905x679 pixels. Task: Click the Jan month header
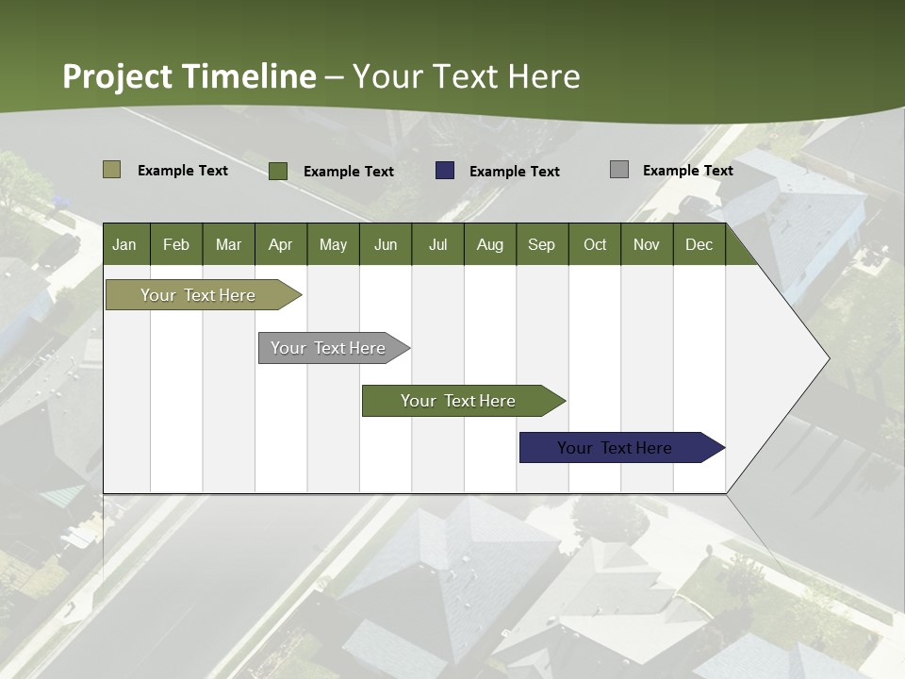click(x=125, y=244)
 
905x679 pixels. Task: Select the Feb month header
click(x=176, y=244)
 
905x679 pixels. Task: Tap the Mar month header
click(x=228, y=244)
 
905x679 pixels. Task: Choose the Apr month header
click(x=280, y=244)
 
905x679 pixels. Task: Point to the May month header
click(x=333, y=244)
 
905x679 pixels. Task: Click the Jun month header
click(x=386, y=244)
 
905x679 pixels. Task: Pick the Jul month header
click(x=437, y=244)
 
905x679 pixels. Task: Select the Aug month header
click(x=489, y=244)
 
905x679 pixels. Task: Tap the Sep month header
click(x=541, y=244)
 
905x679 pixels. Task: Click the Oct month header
click(x=595, y=244)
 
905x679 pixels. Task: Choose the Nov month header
click(x=647, y=244)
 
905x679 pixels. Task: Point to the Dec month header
click(x=699, y=244)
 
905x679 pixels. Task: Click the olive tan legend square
click(x=112, y=170)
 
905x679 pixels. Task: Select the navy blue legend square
click(x=445, y=170)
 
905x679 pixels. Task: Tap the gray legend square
click(x=619, y=170)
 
